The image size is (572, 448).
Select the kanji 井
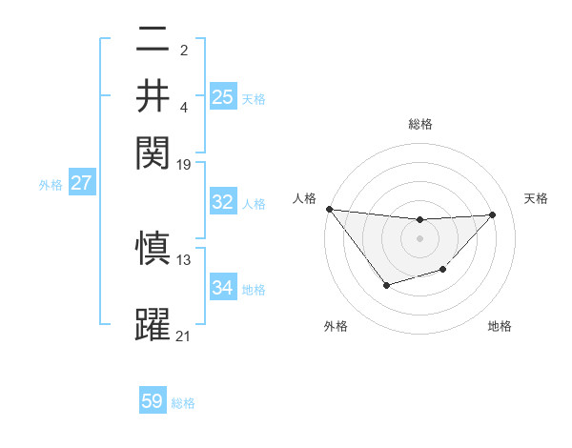point(153,95)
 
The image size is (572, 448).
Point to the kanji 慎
point(153,249)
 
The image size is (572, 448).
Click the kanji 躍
point(153,324)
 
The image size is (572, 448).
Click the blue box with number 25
point(223,97)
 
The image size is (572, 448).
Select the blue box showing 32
point(223,202)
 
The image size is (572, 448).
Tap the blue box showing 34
point(223,288)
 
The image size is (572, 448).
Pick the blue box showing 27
point(81,183)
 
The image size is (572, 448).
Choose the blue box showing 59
point(153,401)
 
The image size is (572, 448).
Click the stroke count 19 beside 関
point(184,164)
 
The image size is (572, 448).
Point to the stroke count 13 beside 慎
point(184,259)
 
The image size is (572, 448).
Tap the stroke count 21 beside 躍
point(184,335)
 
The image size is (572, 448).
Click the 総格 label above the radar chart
point(419,125)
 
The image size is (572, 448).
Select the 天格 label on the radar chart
point(536,198)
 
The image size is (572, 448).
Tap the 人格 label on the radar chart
point(304,198)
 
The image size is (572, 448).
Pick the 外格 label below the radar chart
point(336,326)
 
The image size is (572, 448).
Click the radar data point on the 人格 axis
point(329,209)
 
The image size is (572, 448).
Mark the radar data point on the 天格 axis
point(492,214)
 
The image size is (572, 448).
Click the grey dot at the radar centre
point(419,237)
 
